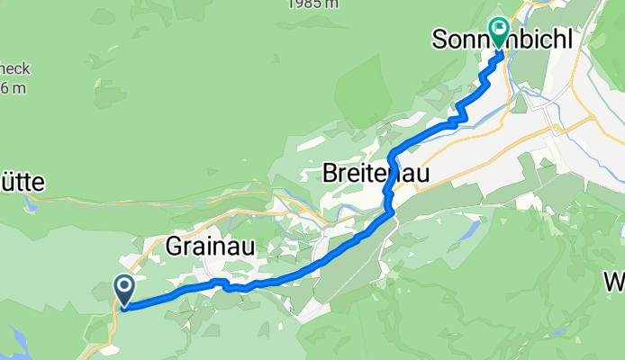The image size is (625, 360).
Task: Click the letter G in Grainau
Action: point(175,245)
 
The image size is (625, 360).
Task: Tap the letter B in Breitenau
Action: point(331,175)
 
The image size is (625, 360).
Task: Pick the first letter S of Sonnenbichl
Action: point(440,40)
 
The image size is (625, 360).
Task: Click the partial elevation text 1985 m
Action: point(313,4)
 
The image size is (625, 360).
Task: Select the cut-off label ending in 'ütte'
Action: point(22,182)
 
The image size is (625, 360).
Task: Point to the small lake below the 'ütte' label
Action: point(32,204)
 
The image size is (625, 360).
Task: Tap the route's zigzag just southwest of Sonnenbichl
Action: point(459,112)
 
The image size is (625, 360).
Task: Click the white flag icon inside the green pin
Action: point(498,25)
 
